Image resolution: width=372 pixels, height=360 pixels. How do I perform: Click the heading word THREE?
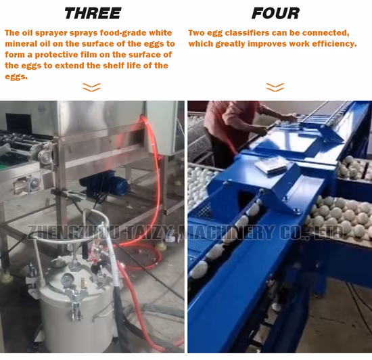(x=92, y=13)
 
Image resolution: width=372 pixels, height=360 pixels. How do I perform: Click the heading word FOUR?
(x=275, y=13)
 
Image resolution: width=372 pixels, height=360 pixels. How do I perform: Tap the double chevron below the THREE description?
(x=91, y=87)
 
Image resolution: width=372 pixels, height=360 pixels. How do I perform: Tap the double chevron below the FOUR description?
(x=275, y=87)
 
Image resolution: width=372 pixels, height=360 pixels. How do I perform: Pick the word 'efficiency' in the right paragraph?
(x=333, y=44)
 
